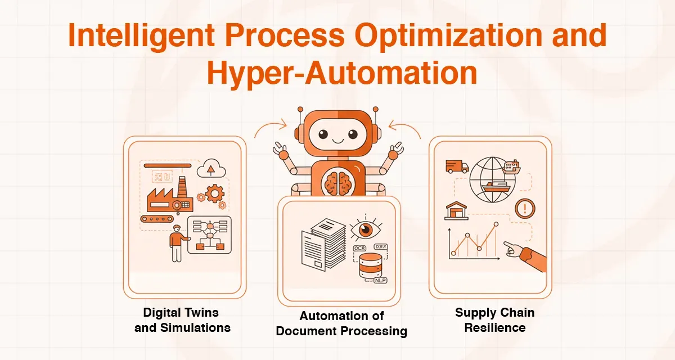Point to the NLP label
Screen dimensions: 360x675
coord(380,279)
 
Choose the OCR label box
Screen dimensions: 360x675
coord(360,247)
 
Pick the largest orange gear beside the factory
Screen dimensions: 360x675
coord(214,194)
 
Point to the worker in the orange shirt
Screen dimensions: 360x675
coord(177,242)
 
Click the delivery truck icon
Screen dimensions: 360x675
coord(457,166)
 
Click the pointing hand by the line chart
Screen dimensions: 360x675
coord(526,254)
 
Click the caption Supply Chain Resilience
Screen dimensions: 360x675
coord(494,320)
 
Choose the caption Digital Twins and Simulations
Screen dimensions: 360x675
coord(182,320)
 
